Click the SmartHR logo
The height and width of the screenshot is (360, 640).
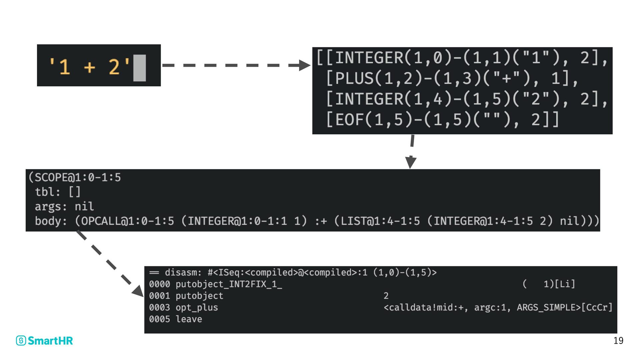tap(44, 340)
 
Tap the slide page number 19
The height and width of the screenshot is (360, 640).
tap(618, 341)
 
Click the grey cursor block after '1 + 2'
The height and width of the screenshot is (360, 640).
tap(139, 68)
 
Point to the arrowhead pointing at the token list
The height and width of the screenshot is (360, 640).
tap(304, 65)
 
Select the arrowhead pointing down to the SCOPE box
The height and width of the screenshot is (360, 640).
tap(411, 162)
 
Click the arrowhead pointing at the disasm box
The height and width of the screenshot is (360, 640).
tap(138, 291)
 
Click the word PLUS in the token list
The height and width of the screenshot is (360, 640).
tap(354, 79)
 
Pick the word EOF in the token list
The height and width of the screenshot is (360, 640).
tap(349, 120)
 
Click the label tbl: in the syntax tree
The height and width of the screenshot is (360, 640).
tap(47, 192)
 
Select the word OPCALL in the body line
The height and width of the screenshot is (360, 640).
tap(100, 221)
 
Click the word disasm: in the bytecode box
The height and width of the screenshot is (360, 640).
tap(183, 273)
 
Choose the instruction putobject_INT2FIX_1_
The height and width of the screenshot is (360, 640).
tap(229, 284)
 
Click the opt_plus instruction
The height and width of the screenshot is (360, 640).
tap(197, 308)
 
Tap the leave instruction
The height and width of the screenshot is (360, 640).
tap(189, 319)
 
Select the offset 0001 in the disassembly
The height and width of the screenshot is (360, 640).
tap(159, 296)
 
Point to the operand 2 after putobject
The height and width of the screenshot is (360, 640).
tap(386, 296)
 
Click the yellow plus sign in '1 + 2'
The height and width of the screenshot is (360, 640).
tap(89, 67)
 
